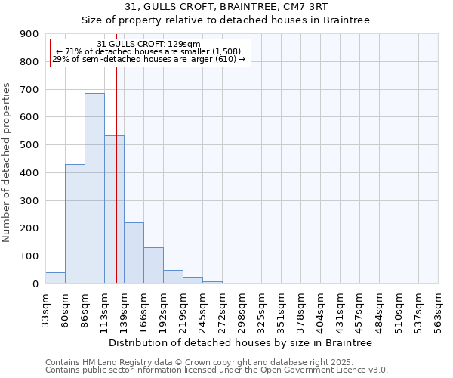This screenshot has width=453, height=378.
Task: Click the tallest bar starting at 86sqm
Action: pos(94,188)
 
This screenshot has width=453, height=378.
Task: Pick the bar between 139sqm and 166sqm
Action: pos(134,253)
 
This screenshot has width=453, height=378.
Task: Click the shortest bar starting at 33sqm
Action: pos(55,277)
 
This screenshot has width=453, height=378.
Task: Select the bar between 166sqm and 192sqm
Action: pos(153,265)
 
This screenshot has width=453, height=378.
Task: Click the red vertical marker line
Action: pos(116,174)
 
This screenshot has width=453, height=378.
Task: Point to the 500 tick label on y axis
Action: pos(31,145)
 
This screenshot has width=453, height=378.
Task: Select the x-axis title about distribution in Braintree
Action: pos(242,342)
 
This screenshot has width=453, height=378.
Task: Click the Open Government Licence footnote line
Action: pos(217,370)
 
